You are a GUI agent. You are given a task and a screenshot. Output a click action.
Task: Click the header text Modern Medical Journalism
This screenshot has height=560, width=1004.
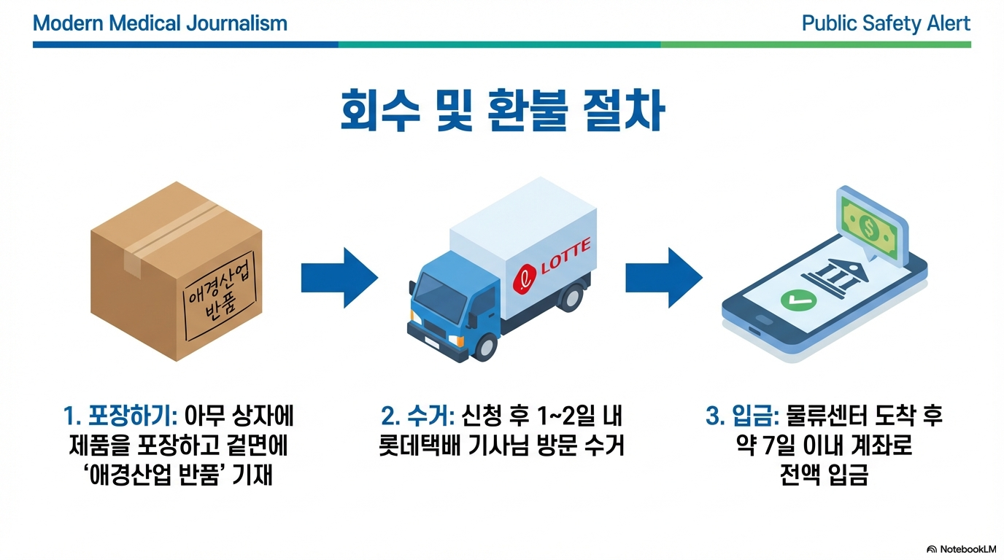pos(160,23)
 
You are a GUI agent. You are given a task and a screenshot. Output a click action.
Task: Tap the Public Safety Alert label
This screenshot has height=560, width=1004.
pos(886,23)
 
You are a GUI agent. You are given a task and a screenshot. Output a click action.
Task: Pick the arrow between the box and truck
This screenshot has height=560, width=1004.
pos(339,278)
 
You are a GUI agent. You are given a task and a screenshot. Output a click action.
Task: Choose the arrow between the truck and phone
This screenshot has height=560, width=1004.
pos(663,278)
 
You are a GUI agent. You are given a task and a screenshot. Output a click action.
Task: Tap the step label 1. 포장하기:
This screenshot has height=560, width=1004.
pos(120,417)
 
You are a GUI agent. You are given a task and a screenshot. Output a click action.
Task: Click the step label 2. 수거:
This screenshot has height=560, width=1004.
pos(418,417)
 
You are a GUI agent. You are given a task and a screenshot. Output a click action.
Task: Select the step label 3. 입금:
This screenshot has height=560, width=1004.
pos(743,417)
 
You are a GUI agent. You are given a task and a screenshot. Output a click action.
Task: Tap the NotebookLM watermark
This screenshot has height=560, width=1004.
pos(961,549)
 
